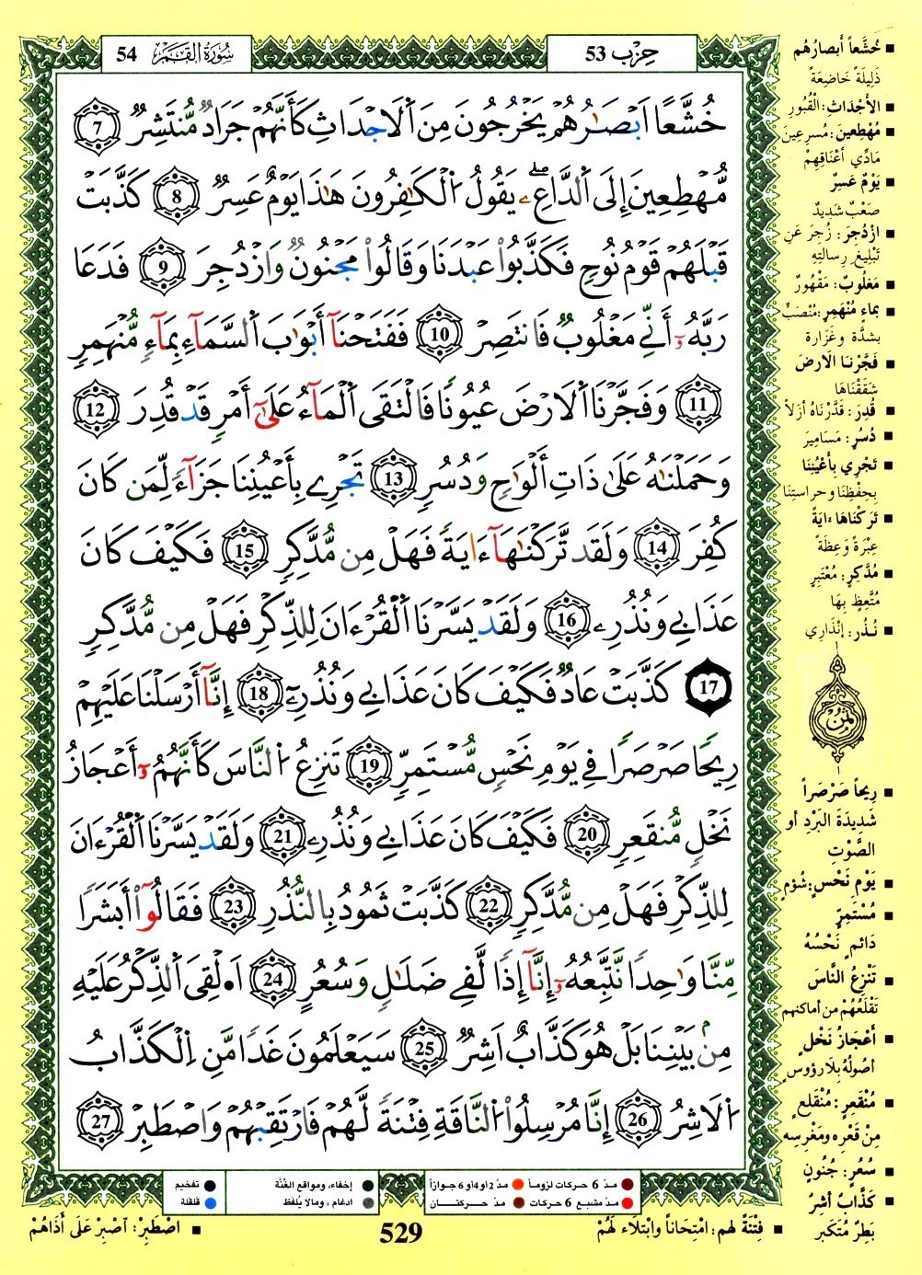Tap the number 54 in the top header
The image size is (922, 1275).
coord(126,52)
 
